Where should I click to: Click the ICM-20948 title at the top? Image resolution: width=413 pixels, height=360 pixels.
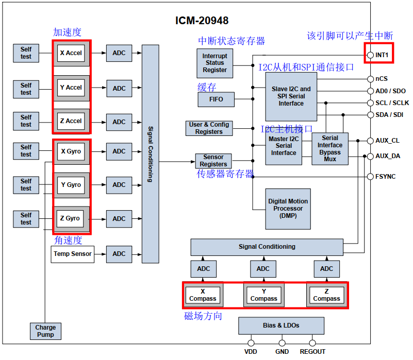tap(202, 21)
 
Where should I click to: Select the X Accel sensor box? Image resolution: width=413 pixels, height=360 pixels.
tap(71, 53)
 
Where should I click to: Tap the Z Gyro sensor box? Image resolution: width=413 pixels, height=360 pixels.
tap(71, 218)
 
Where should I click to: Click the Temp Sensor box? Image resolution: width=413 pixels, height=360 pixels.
tap(73, 254)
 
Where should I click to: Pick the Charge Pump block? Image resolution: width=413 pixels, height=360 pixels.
tap(45, 331)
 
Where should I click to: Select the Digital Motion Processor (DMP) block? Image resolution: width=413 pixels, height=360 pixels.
tap(288, 209)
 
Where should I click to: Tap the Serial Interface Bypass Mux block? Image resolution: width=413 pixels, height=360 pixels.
tap(330, 149)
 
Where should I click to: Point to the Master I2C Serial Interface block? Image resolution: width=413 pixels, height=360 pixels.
tap(284, 146)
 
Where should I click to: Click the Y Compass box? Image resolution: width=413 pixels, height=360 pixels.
tap(263, 295)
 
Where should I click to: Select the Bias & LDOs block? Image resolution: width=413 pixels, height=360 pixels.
tap(281, 325)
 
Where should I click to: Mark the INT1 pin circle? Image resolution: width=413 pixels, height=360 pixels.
tap(370, 55)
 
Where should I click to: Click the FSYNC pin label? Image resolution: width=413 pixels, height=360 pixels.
tap(386, 177)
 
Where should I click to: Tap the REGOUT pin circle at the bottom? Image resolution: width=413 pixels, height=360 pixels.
tap(312, 342)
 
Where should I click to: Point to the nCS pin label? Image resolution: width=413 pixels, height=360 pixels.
tap(382, 79)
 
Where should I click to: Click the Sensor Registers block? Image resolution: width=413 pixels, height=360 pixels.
tap(213, 161)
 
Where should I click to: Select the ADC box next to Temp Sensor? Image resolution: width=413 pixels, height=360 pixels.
tap(119, 254)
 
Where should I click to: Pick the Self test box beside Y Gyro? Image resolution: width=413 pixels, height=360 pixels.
tap(26, 185)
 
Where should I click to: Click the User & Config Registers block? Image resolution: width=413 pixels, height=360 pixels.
tap(209, 128)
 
